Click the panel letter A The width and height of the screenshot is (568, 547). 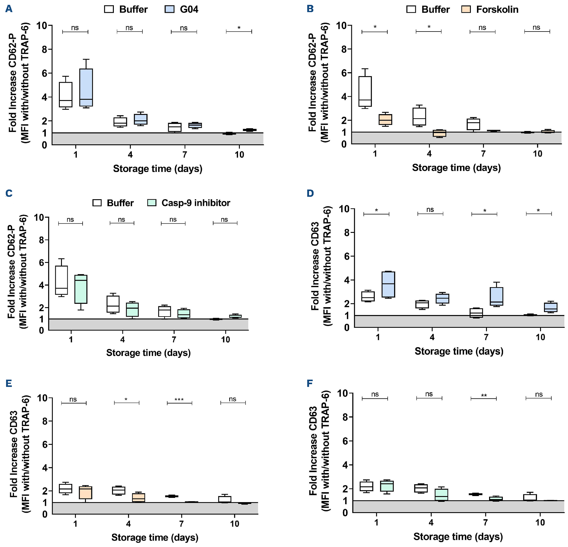point(9,9)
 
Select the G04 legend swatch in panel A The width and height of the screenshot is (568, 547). point(170,9)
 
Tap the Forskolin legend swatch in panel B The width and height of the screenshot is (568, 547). point(466,9)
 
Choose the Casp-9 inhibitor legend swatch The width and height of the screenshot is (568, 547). point(151,203)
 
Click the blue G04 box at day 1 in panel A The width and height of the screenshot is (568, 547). point(86,87)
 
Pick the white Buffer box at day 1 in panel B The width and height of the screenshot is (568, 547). point(365,91)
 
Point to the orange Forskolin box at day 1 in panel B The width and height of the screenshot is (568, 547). point(385,119)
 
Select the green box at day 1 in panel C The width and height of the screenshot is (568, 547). point(81,289)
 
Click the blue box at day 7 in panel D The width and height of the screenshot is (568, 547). point(496,296)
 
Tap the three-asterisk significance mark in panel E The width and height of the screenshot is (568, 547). point(179,400)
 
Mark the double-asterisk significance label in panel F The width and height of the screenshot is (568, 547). point(484,396)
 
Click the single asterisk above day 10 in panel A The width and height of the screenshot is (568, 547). point(239,28)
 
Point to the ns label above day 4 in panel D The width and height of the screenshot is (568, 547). point(430,210)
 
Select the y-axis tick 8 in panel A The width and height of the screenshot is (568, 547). point(45,49)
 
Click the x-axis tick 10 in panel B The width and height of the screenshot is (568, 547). point(537,154)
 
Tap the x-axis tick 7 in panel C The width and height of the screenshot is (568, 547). point(174,339)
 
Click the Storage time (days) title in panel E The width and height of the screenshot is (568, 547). point(155,537)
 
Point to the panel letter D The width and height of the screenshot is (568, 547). point(310,193)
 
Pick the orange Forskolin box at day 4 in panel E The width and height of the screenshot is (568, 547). point(138,498)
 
